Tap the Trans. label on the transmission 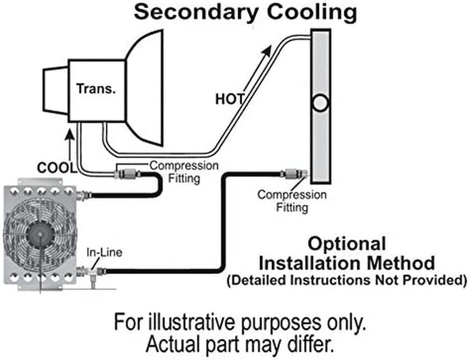click(96, 88)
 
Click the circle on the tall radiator click(320, 103)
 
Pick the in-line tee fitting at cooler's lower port click(93, 273)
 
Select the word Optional click(346, 244)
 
